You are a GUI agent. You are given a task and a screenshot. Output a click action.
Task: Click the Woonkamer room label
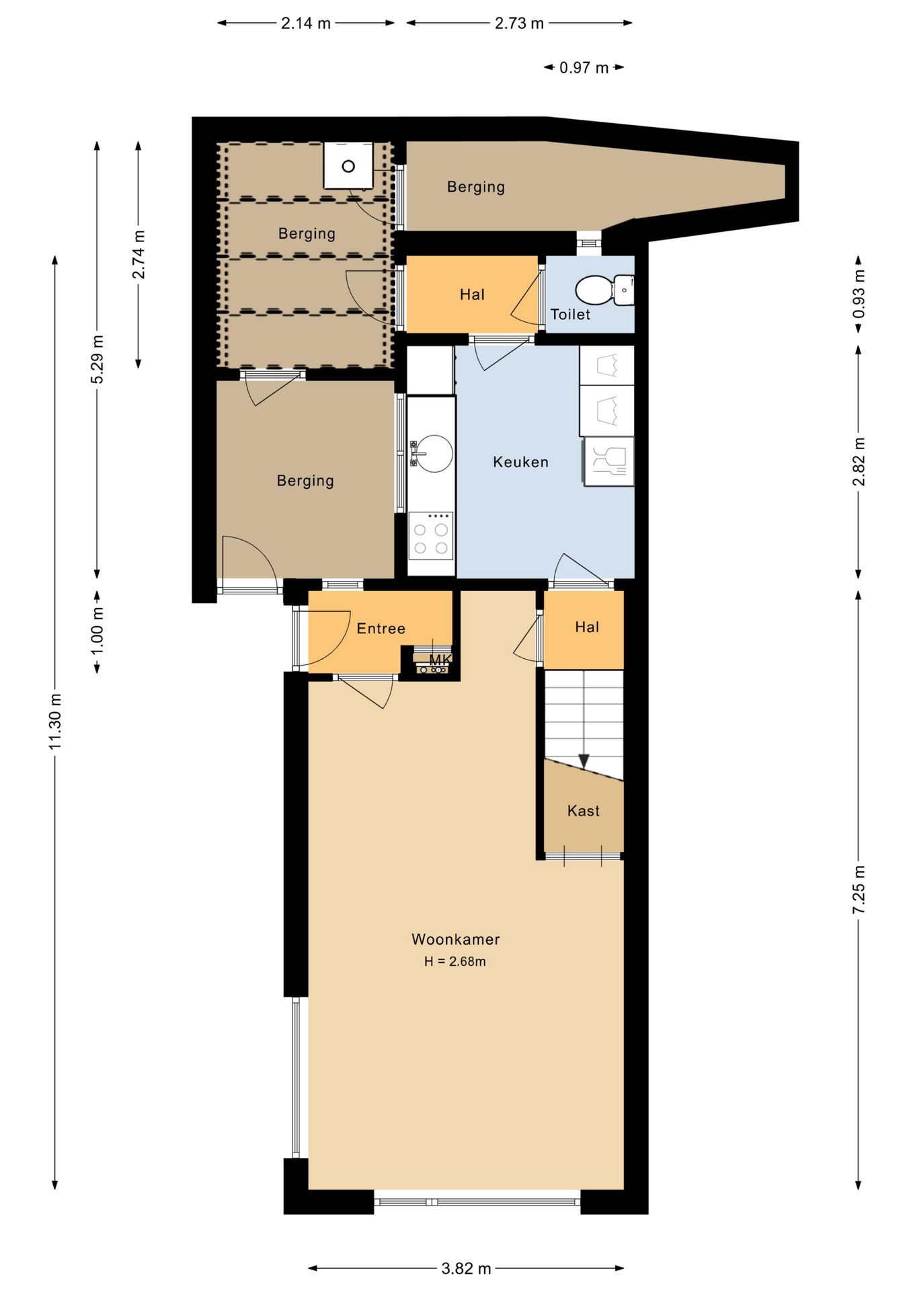(x=455, y=939)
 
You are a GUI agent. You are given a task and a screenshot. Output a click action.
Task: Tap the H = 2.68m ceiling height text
(x=454, y=962)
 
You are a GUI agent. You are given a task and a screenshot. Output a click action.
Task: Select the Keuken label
(x=520, y=462)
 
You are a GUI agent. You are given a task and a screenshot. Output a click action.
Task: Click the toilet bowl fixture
(x=594, y=290)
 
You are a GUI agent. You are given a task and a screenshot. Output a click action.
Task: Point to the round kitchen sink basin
(x=434, y=453)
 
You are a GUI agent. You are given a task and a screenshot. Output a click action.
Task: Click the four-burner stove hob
(x=431, y=536)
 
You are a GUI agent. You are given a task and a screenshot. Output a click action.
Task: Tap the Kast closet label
(x=583, y=811)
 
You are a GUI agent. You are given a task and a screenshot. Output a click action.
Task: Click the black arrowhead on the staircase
(x=584, y=761)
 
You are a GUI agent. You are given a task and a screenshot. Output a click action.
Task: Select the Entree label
(x=381, y=629)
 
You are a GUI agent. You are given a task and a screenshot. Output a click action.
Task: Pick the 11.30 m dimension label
(x=55, y=721)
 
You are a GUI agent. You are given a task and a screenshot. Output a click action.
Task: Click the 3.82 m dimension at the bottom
(x=466, y=1269)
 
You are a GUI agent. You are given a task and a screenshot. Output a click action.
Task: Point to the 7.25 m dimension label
(x=859, y=890)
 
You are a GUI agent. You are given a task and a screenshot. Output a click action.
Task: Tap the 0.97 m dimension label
(x=584, y=68)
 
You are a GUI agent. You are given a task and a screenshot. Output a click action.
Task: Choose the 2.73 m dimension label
(x=519, y=24)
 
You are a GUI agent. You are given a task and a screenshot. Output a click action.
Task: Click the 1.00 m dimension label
(x=97, y=630)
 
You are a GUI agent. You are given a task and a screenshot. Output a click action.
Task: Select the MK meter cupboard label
(x=440, y=659)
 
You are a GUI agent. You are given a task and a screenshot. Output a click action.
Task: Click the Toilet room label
(x=570, y=315)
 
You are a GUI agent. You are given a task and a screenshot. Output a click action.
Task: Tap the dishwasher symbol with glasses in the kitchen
(x=608, y=461)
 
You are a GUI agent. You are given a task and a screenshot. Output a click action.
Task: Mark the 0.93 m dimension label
(x=859, y=295)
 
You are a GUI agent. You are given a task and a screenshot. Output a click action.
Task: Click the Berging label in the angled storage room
(x=476, y=187)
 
